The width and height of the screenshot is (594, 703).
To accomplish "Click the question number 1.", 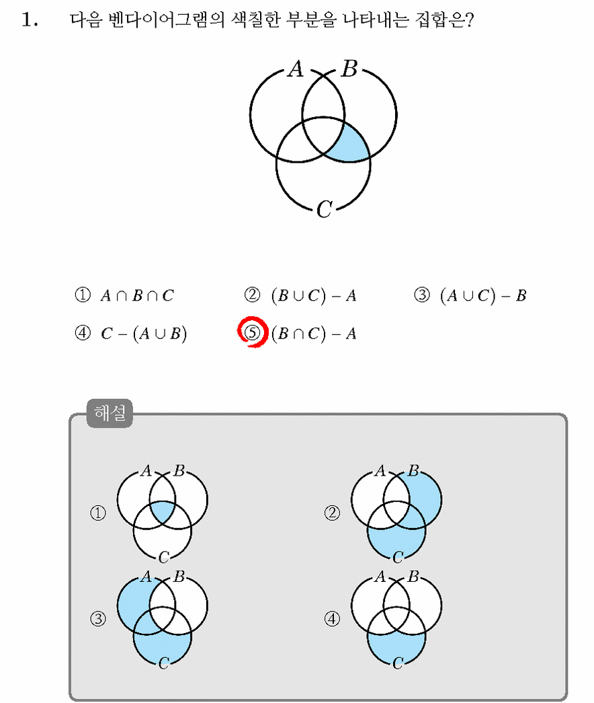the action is coord(29,20).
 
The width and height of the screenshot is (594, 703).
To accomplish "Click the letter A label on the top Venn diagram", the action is coord(296,69).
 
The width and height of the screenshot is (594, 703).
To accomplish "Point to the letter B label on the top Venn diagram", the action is coord(349,69).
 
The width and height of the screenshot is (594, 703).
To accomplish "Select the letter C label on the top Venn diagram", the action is coord(325,209).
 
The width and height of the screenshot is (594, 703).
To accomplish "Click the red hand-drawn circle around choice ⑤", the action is coord(253,332).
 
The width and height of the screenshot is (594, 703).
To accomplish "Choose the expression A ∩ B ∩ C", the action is coord(136,295).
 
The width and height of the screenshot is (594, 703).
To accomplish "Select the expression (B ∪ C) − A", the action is coord(314,295).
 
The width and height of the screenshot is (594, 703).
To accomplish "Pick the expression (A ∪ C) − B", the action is coord(483,295).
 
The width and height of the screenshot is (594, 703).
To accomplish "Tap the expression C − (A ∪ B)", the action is coord(143,334).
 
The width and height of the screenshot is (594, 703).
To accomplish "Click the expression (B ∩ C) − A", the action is coord(314,334).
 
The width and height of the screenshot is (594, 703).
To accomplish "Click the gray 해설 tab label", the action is coord(110,413).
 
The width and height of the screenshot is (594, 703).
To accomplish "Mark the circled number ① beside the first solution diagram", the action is coord(98,513).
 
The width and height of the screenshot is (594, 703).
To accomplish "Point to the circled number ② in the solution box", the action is coord(332,513).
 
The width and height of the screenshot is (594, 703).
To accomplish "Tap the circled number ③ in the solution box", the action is coord(98,619).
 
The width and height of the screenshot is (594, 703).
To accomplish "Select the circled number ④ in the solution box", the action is coord(332,619).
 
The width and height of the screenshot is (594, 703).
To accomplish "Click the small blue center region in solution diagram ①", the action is coord(162,511).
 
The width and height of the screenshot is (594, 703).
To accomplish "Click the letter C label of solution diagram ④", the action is coord(398,663).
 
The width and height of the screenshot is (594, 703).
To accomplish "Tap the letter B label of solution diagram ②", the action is coord(413,471).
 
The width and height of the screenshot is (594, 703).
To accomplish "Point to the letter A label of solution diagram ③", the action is coord(146,577).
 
